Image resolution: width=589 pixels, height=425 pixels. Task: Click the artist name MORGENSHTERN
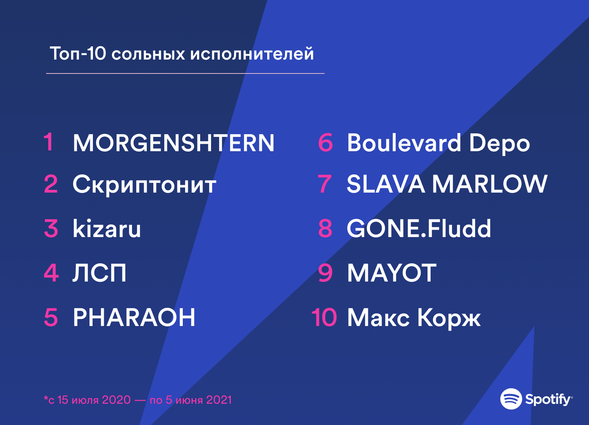(x=173, y=143)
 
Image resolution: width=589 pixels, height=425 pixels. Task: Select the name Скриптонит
(x=144, y=185)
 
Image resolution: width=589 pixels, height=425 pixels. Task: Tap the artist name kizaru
(x=107, y=229)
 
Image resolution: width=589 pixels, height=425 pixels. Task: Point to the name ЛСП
(x=100, y=273)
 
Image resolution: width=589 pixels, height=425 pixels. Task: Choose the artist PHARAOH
(x=134, y=317)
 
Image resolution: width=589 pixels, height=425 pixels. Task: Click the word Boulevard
(x=404, y=143)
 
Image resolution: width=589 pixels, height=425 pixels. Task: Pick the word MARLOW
(x=489, y=184)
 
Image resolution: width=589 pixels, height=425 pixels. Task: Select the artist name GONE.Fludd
(x=419, y=229)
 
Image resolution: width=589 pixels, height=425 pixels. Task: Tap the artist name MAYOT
(x=392, y=273)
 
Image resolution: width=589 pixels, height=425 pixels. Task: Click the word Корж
(x=449, y=318)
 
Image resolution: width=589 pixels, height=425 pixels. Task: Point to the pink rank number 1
(x=49, y=142)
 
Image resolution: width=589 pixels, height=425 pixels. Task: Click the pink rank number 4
(x=51, y=273)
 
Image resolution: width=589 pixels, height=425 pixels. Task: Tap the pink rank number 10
(x=324, y=317)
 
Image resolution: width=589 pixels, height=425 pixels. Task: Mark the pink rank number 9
(x=325, y=273)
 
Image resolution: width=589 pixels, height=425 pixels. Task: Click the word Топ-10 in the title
(x=78, y=53)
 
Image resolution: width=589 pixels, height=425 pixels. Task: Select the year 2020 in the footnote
(x=116, y=400)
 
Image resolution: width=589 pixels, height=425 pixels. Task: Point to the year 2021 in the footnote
(x=219, y=400)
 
